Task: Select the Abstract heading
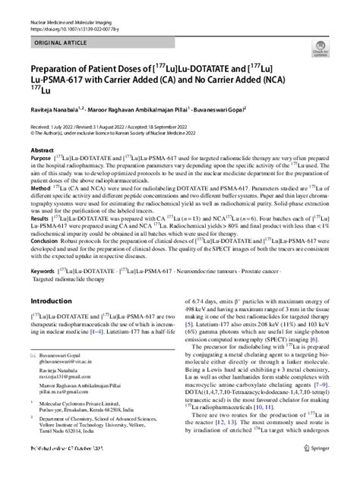(x=42, y=150)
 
